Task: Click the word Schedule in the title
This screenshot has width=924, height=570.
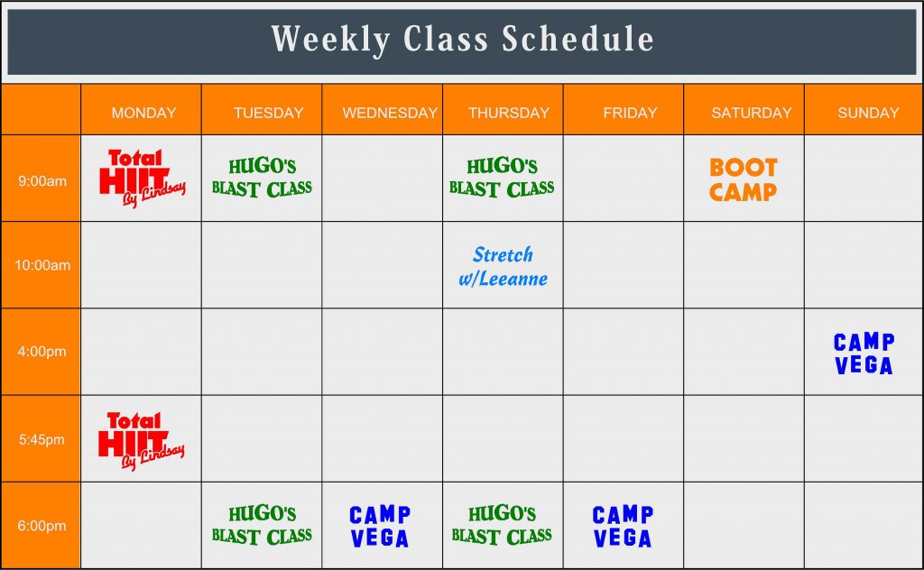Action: click(577, 39)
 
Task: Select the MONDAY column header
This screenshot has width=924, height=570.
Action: click(143, 113)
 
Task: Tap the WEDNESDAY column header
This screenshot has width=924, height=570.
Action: click(390, 113)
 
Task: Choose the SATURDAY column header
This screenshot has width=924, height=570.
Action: click(752, 113)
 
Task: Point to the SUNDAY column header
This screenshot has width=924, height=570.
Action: click(868, 113)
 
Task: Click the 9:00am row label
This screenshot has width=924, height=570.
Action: click(42, 180)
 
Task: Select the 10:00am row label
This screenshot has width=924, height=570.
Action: click(42, 265)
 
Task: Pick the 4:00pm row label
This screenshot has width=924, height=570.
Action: click(42, 352)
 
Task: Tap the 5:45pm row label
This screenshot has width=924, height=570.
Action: click(42, 439)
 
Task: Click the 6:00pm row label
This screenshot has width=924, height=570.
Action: click(42, 525)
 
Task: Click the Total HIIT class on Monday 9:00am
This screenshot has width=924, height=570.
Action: click(142, 179)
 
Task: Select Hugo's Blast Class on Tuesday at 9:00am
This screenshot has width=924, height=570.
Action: click(262, 178)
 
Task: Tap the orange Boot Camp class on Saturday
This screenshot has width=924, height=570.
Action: click(744, 179)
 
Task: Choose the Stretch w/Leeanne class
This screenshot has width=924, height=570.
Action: click(504, 266)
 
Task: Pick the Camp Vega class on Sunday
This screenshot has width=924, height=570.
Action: click(864, 354)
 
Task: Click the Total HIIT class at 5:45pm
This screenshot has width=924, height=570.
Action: click(142, 441)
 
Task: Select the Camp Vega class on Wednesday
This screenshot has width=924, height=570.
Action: click(380, 527)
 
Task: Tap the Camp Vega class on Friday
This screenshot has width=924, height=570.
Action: click(623, 527)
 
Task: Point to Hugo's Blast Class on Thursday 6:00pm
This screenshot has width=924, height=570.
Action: click(502, 525)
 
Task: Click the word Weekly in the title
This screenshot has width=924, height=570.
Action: click(330, 39)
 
